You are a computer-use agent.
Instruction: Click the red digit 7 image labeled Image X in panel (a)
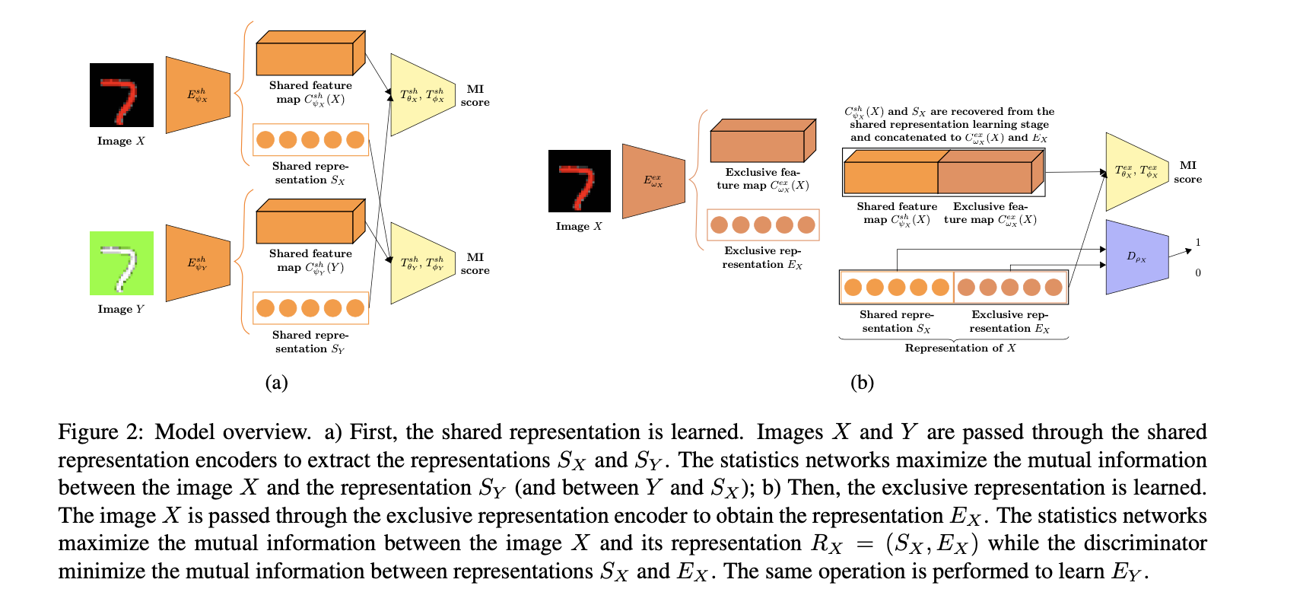[x=122, y=95]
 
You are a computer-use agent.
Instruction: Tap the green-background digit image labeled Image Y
[x=122, y=263]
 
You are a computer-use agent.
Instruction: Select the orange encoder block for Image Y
[x=198, y=263]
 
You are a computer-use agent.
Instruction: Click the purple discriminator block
[x=1136, y=257]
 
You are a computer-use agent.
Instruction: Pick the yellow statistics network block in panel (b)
[x=1136, y=172]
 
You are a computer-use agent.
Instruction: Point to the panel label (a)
[x=276, y=382]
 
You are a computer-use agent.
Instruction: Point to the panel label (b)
[x=862, y=382]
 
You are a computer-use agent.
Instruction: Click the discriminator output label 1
[x=1198, y=243]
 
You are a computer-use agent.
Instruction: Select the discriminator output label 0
[x=1198, y=272]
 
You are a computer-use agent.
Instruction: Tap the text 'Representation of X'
[x=960, y=348]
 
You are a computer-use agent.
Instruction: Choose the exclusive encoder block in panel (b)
[x=653, y=181]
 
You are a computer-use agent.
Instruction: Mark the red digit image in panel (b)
[x=580, y=181]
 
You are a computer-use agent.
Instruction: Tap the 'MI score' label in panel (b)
[x=1187, y=172]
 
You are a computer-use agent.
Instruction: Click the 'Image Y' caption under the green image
[x=121, y=309]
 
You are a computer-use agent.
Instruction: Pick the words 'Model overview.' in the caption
[x=233, y=432]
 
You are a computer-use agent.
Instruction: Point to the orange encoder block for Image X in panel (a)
[x=198, y=95]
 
